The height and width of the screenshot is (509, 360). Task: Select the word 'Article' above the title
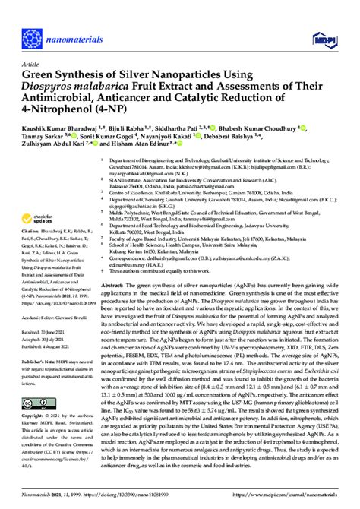coord(31,64)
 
